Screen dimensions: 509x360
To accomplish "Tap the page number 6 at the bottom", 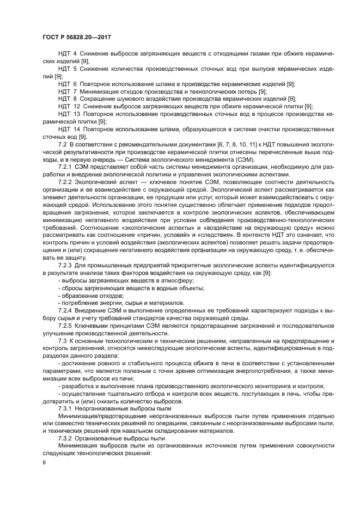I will pos(43,463).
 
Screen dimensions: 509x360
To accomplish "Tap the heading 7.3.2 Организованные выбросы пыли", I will pos(111,437).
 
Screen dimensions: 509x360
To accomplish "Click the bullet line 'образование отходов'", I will pos(88,295).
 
